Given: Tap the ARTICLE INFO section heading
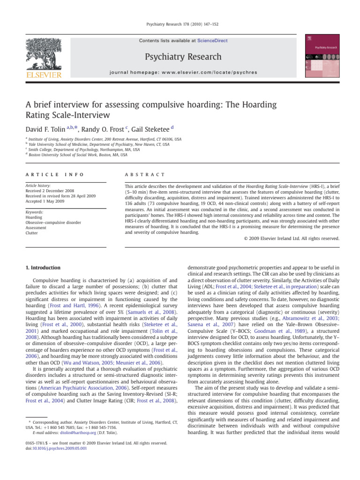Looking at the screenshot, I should point(54,174).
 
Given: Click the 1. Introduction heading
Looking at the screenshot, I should point(42,268).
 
